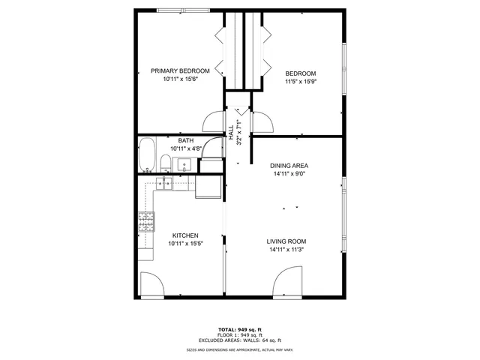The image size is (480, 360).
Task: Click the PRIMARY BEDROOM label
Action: tap(180, 70)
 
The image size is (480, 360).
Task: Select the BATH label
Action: tap(185, 140)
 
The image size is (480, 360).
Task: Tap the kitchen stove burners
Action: tap(146, 220)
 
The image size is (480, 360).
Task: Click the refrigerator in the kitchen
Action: tap(208, 185)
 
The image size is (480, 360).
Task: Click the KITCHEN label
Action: tap(185, 235)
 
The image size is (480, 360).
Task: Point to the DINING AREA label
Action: tap(289, 165)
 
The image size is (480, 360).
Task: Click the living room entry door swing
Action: tap(286, 284)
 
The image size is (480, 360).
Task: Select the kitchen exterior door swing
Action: tap(151, 284)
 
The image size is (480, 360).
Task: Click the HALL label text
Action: tap(231, 133)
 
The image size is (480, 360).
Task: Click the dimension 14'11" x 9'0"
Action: tap(289, 174)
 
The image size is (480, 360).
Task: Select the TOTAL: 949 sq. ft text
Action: tap(240, 329)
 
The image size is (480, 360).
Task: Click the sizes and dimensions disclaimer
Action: tap(240, 350)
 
